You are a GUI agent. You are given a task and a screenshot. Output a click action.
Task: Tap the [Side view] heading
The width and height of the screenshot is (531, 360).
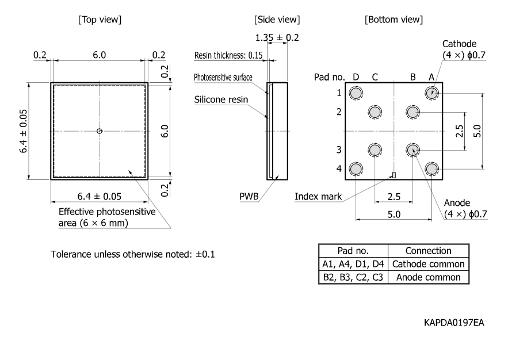pos(277,20)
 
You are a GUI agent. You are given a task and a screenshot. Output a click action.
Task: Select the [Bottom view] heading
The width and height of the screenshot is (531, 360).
pos(394,20)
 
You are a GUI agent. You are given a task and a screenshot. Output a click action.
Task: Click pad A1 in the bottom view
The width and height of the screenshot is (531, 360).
pos(431,93)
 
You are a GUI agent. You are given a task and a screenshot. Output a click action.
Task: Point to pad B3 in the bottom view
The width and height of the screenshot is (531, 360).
pos(412,150)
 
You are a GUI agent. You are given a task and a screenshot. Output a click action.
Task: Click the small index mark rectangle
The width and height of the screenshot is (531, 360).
pos(394,175)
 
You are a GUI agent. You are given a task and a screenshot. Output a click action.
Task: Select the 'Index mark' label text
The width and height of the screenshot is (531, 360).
pos(318,197)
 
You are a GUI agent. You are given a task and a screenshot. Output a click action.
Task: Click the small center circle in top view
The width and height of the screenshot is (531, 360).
pos(100,131)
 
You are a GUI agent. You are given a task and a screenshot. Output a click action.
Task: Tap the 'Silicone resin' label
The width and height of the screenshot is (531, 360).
pos(221,99)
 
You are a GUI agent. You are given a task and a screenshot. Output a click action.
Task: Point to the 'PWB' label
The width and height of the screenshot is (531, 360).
pos(248,197)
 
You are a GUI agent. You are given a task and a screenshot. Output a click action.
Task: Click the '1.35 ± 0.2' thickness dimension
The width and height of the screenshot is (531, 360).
pos(277,38)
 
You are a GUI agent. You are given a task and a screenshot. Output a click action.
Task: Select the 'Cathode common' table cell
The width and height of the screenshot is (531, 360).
pos(429,264)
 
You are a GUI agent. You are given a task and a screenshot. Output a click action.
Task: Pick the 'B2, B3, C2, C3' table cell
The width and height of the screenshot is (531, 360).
pos(353,277)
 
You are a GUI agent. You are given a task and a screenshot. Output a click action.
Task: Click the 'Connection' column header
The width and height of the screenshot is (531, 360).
pos(429,251)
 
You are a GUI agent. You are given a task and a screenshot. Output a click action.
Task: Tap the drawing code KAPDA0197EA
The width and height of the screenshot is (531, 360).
pos(454,323)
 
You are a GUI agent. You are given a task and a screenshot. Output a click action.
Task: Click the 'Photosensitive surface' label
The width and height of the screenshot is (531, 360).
pos(223,77)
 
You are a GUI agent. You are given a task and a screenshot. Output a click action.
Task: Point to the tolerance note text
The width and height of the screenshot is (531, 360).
pos(133,254)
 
